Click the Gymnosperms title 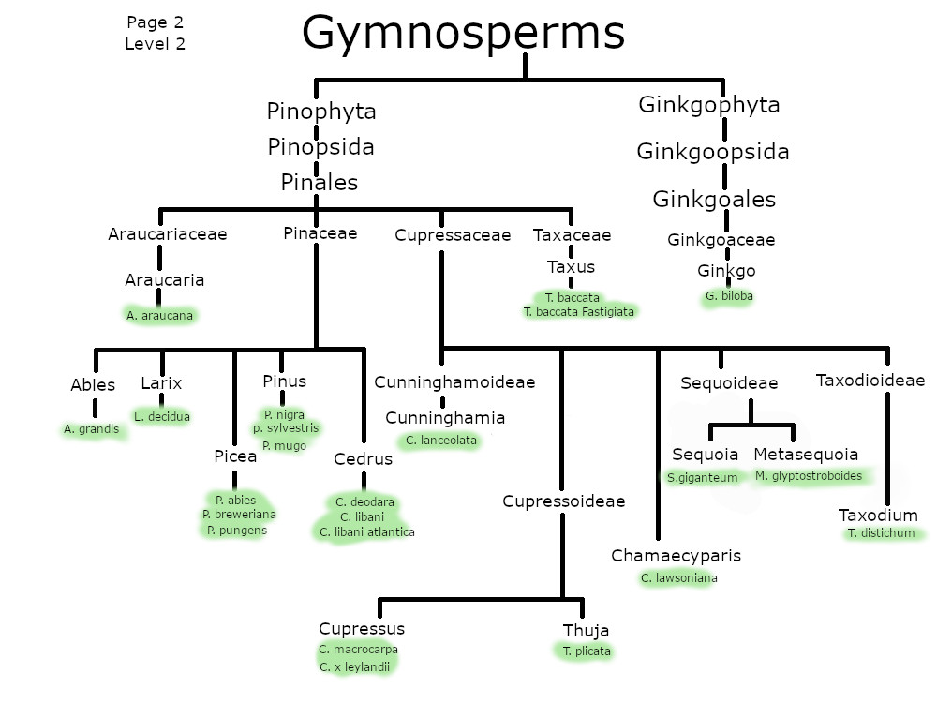(x=463, y=34)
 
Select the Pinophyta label (x=321, y=112)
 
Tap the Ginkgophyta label (x=708, y=104)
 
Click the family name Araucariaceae (x=168, y=234)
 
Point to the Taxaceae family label (x=572, y=235)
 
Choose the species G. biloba (x=729, y=296)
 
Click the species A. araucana (x=159, y=316)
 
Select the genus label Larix (x=161, y=383)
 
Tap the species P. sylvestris (x=286, y=428)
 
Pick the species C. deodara (x=364, y=502)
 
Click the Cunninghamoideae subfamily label (x=454, y=382)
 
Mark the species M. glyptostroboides (x=808, y=476)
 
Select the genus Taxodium (x=878, y=516)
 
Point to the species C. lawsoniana (x=679, y=578)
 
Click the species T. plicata (x=587, y=651)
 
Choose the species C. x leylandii (x=354, y=666)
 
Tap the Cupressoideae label (x=563, y=501)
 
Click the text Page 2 (x=155, y=22)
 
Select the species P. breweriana (x=239, y=515)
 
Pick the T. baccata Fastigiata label (x=578, y=311)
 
